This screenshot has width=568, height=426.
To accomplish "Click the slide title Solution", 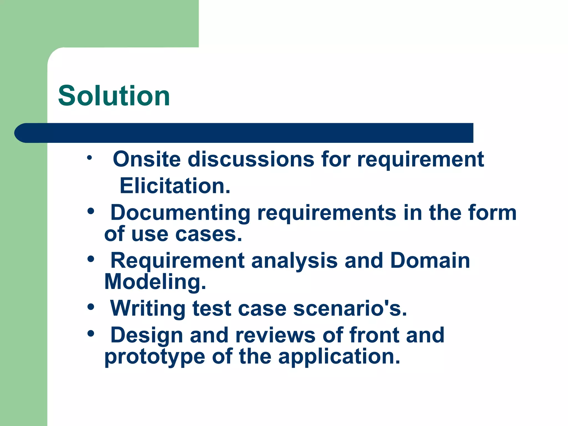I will click(x=114, y=96).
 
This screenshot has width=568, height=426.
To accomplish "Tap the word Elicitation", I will click(x=175, y=186).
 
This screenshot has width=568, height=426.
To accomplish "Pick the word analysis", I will click(x=294, y=261).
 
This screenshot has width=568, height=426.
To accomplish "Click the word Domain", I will click(x=430, y=260).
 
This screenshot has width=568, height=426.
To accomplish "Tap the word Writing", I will click(x=148, y=309).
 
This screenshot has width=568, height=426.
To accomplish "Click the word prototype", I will click(x=154, y=357).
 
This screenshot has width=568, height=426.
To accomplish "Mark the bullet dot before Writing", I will click(x=91, y=307).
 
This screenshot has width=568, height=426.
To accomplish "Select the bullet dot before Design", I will click(x=91, y=334).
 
